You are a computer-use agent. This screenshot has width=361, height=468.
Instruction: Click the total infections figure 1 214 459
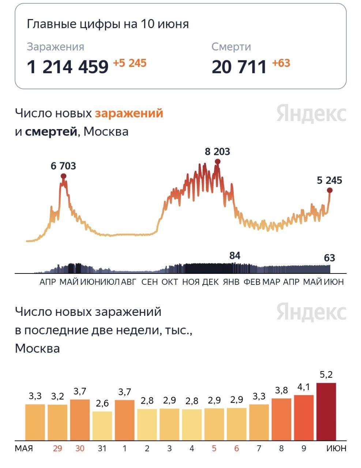(x=68, y=67)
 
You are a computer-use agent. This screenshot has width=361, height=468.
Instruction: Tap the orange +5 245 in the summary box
(x=129, y=63)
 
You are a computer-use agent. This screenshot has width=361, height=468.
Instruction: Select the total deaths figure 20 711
(x=239, y=67)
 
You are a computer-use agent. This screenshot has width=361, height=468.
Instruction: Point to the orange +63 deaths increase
(x=281, y=63)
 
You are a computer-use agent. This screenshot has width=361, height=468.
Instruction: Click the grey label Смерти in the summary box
(x=231, y=47)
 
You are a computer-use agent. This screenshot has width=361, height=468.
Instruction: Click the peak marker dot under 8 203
(x=217, y=162)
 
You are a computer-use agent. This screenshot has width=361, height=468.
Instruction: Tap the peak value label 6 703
(x=63, y=166)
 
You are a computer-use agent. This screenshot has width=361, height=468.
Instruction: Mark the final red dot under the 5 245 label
(x=330, y=190)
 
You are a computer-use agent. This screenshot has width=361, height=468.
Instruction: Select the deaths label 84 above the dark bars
(x=234, y=256)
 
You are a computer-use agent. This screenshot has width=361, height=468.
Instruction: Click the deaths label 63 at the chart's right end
(x=329, y=258)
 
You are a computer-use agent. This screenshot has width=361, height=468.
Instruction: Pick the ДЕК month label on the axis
(x=210, y=282)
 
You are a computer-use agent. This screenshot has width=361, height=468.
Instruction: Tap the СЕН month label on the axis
(x=150, y=282)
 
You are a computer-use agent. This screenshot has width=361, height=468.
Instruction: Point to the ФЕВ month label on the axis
(x=252, y=282)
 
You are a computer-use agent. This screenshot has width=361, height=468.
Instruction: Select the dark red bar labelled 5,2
(x=326, y=411)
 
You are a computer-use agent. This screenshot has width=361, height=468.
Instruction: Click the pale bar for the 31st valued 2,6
(x=102, y=426)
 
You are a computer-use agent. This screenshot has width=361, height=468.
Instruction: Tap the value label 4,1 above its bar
(x=304, y=387)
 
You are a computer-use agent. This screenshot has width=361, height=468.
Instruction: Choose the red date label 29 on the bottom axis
(x=57, y=448)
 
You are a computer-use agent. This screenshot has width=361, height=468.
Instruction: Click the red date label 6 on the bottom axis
(x=236, y=448)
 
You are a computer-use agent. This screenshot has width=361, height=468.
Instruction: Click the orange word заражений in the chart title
(x=129, y=113)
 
